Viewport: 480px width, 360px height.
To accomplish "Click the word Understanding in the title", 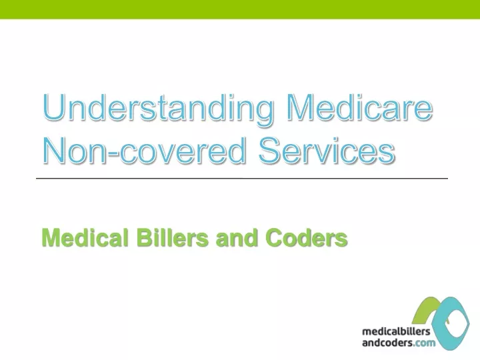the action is click(x=158, y=109).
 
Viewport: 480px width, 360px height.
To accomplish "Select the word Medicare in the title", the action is click(x=359, y=107).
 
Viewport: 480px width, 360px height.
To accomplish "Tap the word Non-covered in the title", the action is click(x=144, y=150).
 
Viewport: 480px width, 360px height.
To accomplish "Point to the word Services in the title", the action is click(x=327, y=150).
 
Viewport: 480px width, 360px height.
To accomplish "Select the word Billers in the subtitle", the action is click(x=173, y=237).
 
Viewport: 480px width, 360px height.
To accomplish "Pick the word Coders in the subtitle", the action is click(x=307, y=237).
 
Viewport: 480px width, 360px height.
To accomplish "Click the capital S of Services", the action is click(x=270, y=150).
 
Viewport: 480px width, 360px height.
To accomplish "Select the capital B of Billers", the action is click(x=144, y=237).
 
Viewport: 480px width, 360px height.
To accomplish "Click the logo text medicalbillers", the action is click(x=396, y=331).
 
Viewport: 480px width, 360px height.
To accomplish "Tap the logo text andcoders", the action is click(x=387, y=342).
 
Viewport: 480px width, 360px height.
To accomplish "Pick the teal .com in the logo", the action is click(x=424, y=343).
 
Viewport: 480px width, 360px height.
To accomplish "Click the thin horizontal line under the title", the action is click(x=242, y=178).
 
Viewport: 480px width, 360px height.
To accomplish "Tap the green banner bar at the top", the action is click(x=240, y=9).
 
